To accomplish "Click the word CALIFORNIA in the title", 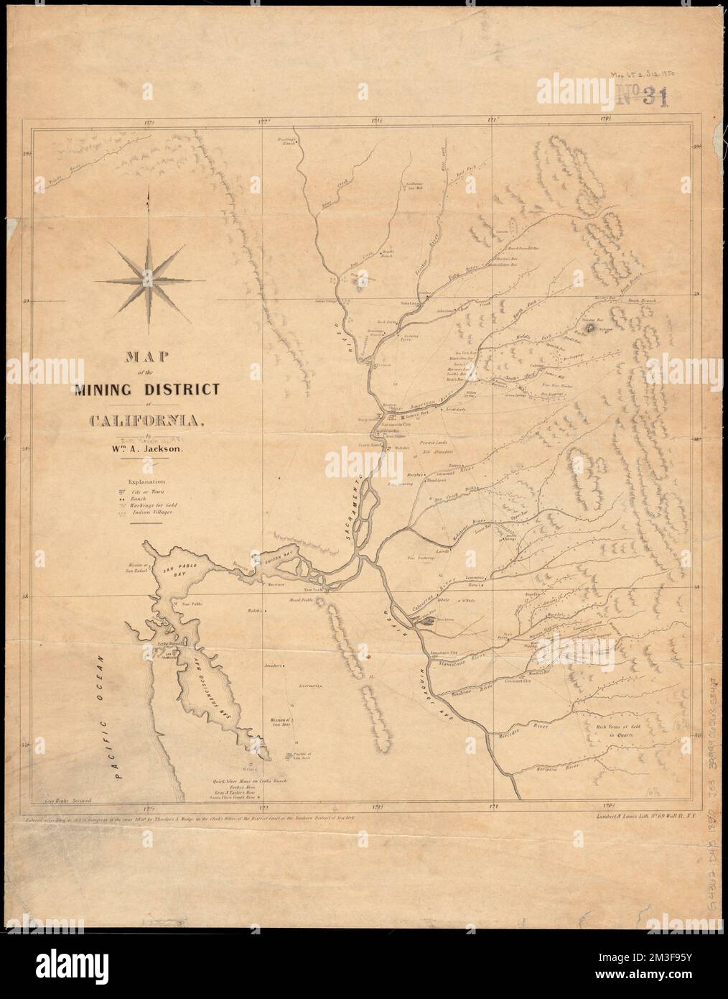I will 147,420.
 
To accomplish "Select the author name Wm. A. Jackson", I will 154,448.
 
